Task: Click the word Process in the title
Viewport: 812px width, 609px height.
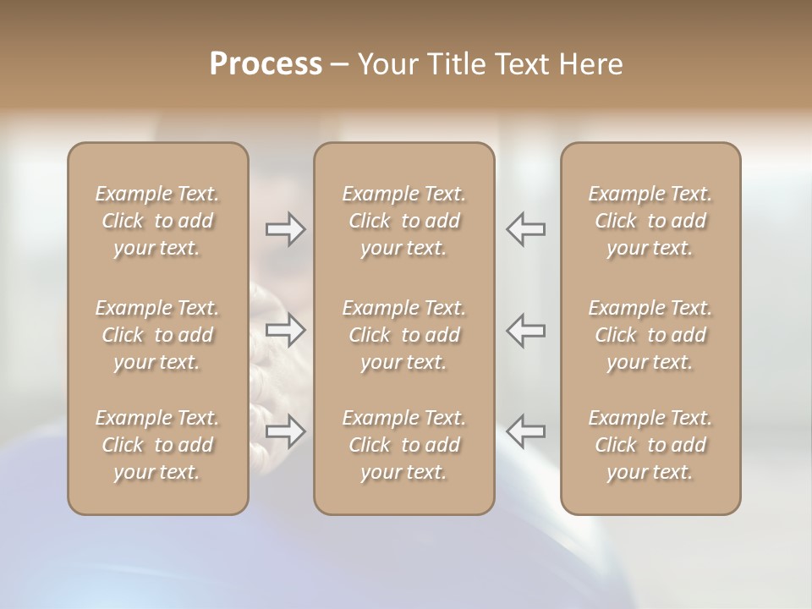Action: point(266,64)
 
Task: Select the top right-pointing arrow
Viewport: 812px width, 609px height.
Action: point(286,229)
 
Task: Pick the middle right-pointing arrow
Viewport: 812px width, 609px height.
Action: point(286,330)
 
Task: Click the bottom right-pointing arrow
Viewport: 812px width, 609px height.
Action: point(286,431)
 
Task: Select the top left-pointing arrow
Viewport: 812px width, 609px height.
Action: point(526,229)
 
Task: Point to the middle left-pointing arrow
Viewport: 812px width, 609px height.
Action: point(526,330)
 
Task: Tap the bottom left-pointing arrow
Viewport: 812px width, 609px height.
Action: point(526,431)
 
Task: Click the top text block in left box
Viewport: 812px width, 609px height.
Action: point(157,221)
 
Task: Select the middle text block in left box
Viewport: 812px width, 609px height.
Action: point(157,335)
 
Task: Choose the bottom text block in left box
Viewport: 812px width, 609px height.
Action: point(157,445)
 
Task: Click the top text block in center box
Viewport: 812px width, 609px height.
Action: point(404,221)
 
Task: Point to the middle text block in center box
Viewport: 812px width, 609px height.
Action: point(404,335)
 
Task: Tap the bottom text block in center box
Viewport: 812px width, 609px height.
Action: point(404,445)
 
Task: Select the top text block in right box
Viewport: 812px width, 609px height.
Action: point(650,221)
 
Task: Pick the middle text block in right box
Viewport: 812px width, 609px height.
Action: point(650,335)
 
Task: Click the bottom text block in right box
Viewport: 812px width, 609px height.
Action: point(650,445)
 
